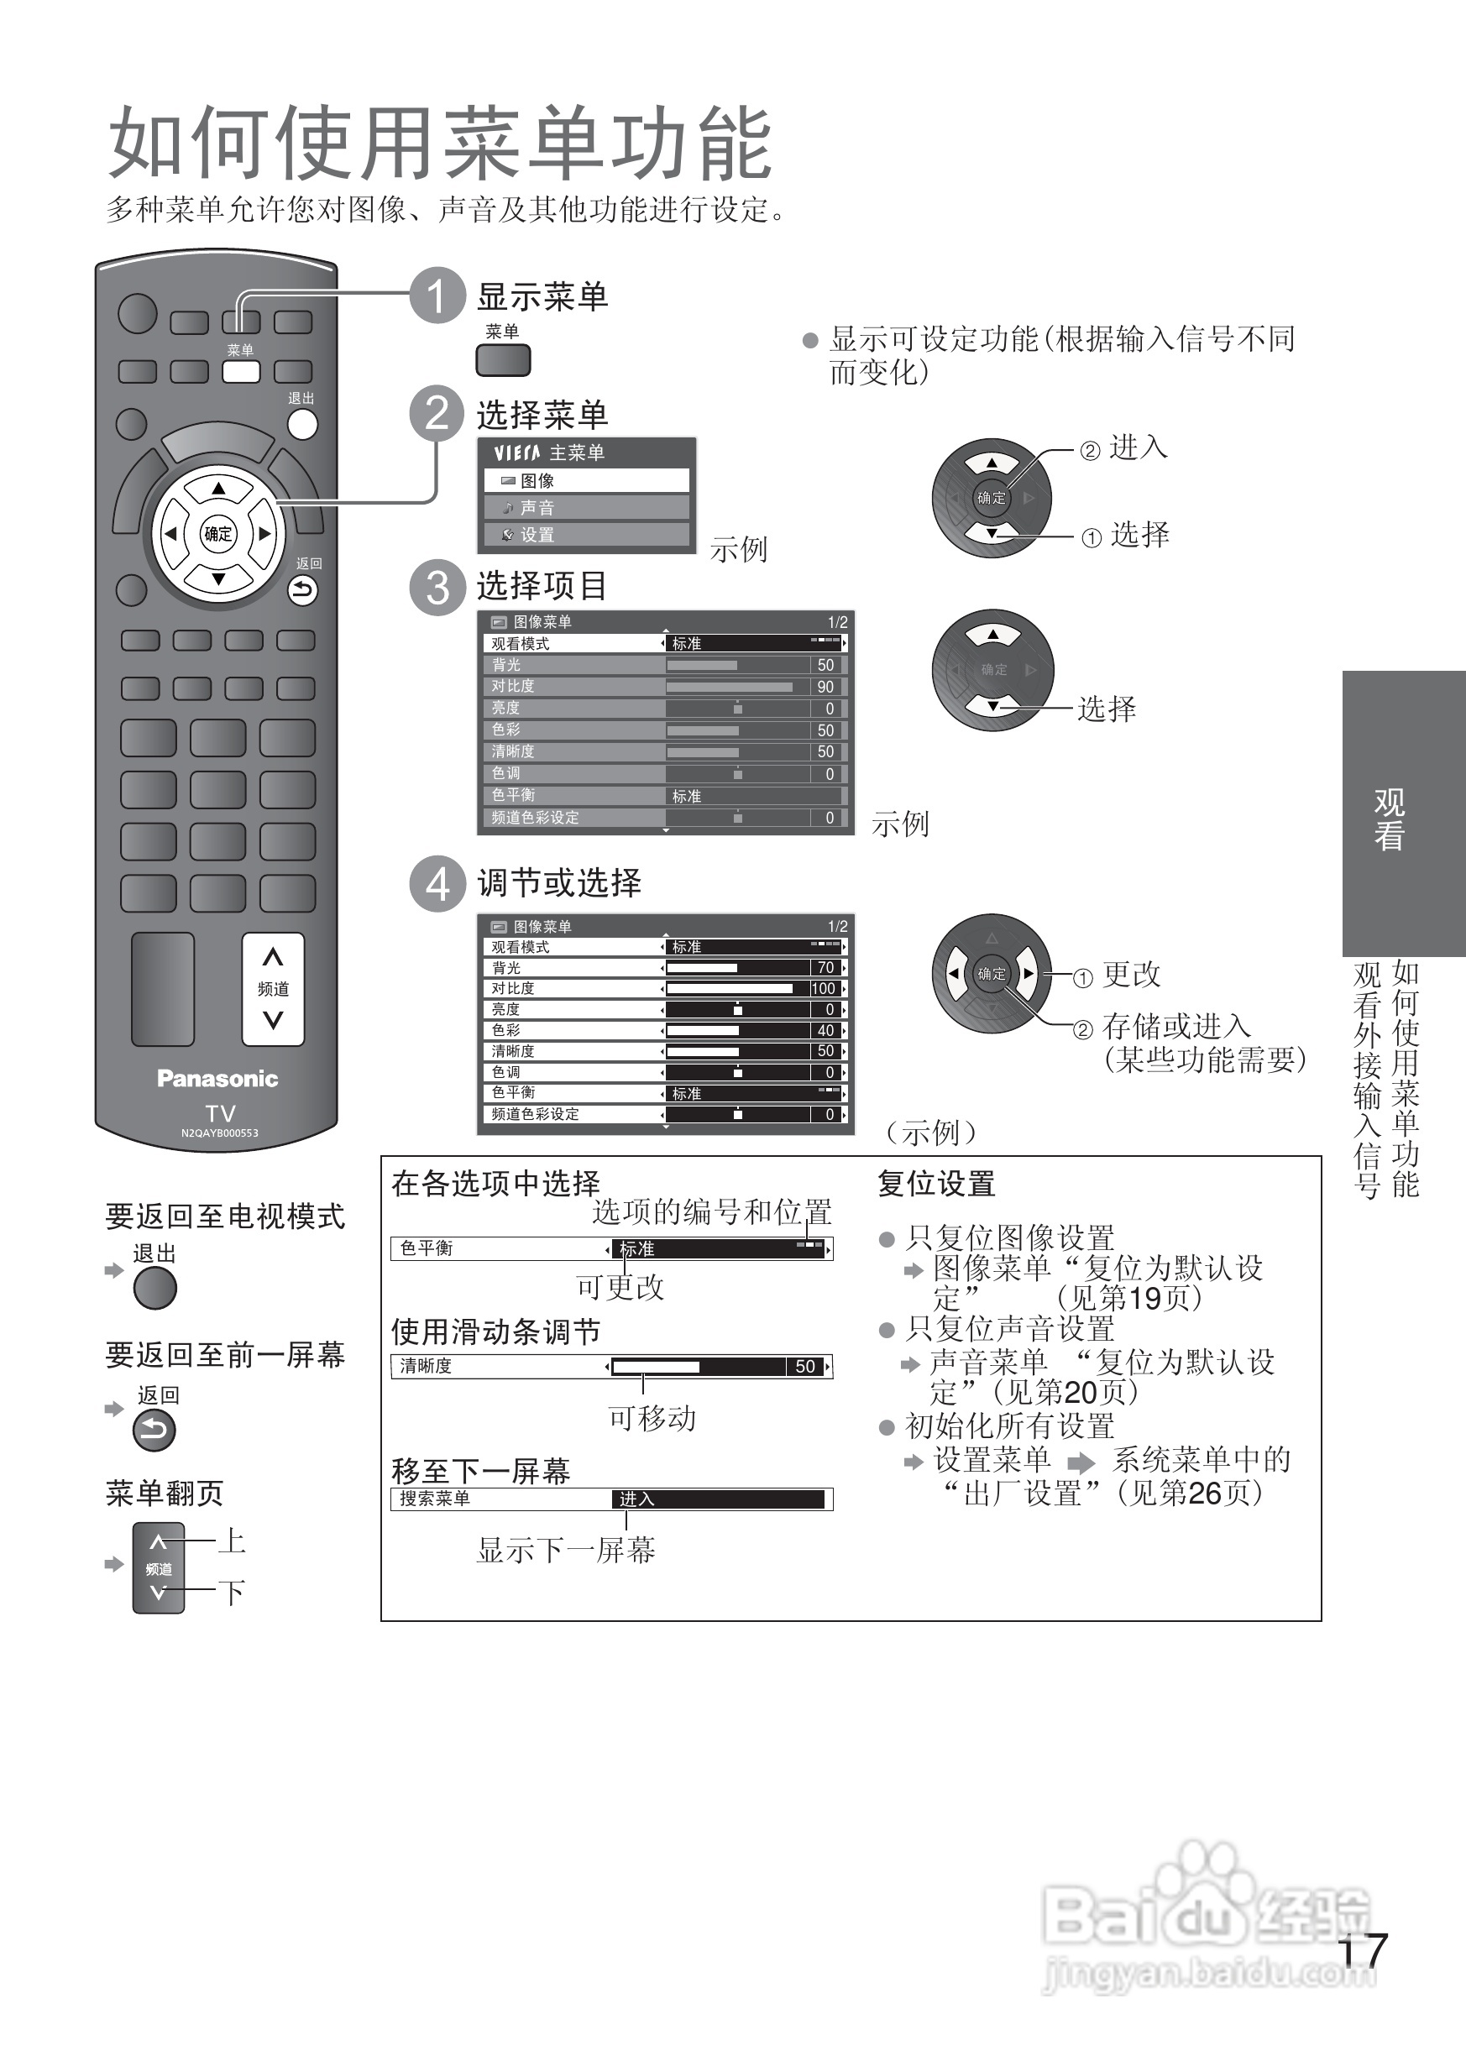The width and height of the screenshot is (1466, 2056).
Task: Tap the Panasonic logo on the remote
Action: point(217,1079)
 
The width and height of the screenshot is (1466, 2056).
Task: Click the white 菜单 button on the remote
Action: point(241,371)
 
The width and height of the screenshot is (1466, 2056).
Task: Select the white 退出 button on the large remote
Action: point(302,423)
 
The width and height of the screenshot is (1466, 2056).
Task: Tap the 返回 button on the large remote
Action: point(302,590)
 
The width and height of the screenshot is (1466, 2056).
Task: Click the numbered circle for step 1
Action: point(437,296)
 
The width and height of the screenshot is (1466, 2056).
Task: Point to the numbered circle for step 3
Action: point(437,587)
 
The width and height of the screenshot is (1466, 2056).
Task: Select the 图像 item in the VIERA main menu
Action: point(587,480)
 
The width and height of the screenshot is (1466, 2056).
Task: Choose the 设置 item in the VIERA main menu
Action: point(587,534)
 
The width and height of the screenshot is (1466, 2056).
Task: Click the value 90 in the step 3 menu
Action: point(825,687)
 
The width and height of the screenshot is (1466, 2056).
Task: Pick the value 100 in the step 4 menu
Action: point(824,988)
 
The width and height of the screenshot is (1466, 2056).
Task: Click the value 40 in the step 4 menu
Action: point(825,1030)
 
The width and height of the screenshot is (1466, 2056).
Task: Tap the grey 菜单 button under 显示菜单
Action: point(503,360)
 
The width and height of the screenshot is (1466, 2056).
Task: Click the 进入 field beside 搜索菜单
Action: point(719,1499)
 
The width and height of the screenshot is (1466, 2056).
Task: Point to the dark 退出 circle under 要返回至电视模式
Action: point(154,1288)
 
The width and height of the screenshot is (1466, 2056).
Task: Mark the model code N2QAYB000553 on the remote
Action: point(219,1133)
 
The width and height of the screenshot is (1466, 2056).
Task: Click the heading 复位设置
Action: point(936,1183)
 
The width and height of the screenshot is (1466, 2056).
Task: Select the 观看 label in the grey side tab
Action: point(1390,819)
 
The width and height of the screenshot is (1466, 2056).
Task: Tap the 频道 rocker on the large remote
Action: point(273,989)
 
